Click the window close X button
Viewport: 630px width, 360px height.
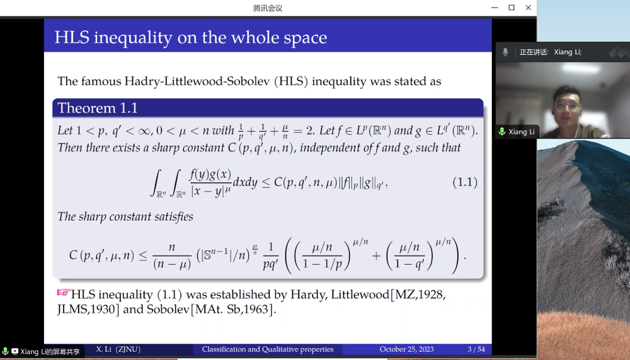click(529, 8)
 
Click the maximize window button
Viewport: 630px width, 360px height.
click(512, 8)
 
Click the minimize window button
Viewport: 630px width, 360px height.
click(495, 8)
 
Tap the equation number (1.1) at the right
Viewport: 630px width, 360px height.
click(465, 182)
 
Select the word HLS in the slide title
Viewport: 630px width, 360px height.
click(72, 37)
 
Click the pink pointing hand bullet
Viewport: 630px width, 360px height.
click(64, 293)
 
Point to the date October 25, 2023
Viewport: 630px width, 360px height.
click(406, 349)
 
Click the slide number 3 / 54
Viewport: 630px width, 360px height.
click(476, 349)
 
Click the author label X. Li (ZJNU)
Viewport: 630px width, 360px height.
click(118, 349)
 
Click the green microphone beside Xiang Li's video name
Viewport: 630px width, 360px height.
click(502, 132)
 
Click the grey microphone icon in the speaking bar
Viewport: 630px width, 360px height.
click(505, 52)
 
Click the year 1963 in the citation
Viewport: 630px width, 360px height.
click(256, 309)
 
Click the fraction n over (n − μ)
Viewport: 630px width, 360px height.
click(172, 256)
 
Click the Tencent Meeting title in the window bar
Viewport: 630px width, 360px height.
click(268, 8)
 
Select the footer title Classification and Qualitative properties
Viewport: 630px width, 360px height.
click(268, 349)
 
